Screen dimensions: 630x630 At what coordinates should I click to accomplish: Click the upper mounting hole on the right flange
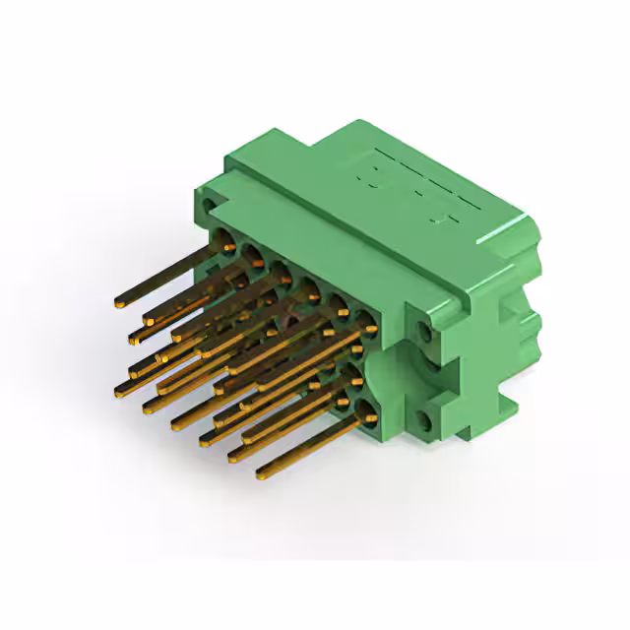click(x=425, y=328)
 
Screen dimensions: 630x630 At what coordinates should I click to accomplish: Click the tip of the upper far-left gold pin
click(x=118, y=301)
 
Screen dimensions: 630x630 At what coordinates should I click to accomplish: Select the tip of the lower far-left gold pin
click(x=119, y=392)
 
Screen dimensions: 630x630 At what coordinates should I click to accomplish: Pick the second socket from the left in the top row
click(x=254, y=258)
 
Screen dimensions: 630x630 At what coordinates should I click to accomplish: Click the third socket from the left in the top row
click(x=281, y=271)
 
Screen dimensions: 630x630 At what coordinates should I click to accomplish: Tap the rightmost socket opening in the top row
click(x=365, y=318)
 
